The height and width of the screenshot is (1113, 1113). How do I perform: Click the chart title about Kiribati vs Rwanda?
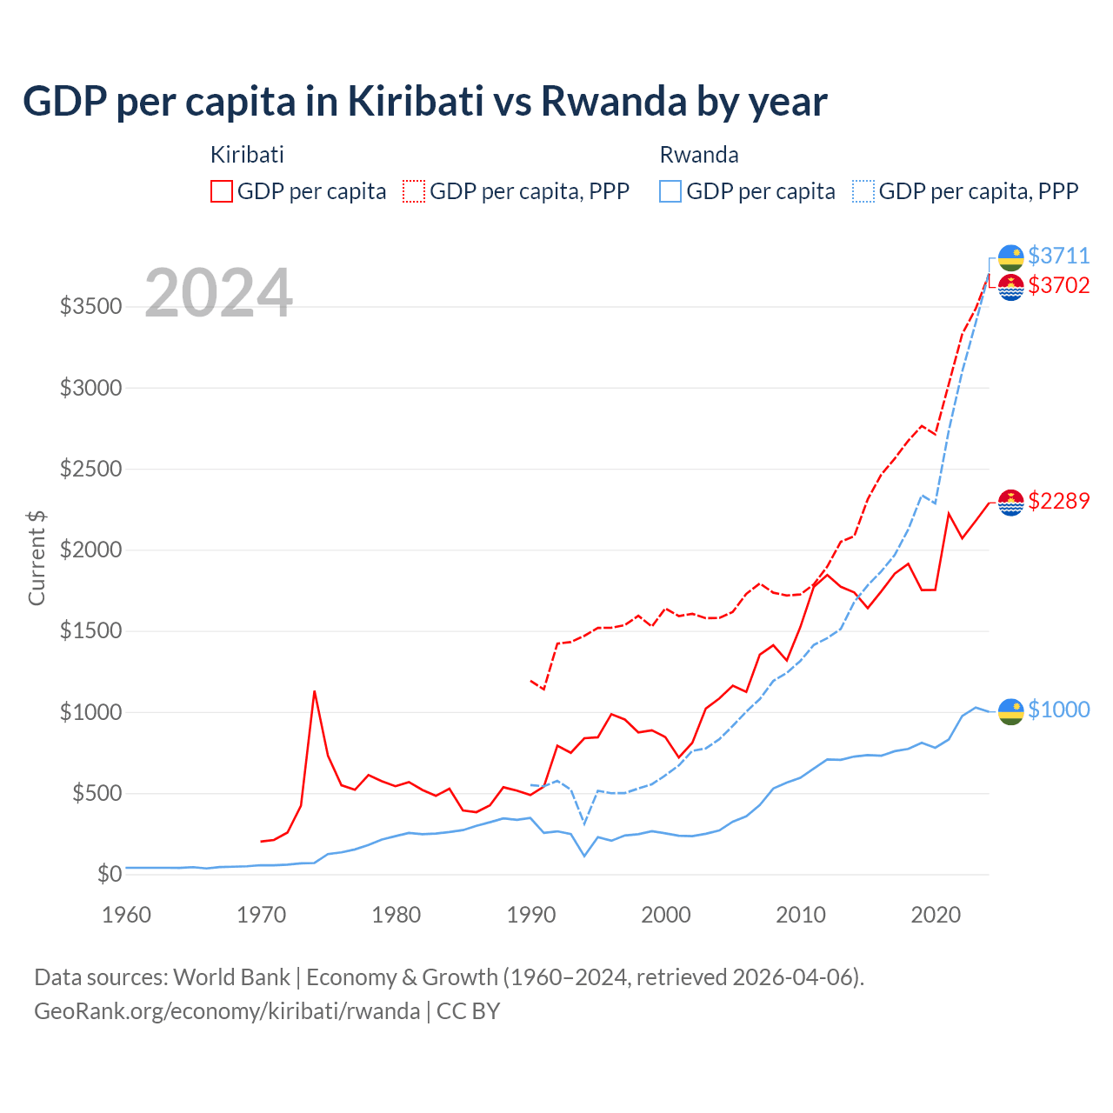coord(424,102)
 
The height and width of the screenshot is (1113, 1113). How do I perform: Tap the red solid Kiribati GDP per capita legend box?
coord(222,191)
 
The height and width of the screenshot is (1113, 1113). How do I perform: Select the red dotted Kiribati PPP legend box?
coord(414,191)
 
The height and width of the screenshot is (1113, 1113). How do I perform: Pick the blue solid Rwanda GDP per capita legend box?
coord(670,191)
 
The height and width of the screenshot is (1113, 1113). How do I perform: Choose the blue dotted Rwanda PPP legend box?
coord(863,191)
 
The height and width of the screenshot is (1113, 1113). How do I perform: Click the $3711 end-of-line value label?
coord(1058,256)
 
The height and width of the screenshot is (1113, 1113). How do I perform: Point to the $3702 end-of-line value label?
coord(1058,285)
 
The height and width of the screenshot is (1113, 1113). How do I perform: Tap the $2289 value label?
coord(1058,501)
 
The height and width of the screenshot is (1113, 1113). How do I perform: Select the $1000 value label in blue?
coord(1058,710)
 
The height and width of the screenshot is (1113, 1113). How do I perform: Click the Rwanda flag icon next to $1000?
coord(1010,710)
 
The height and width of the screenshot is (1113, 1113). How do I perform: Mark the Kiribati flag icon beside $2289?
coord(1010,502)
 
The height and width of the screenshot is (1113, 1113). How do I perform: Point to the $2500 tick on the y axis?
coord(90,470)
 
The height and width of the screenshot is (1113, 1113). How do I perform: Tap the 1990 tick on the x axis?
coord(531,915)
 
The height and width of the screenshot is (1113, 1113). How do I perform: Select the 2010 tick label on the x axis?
coord(801,915)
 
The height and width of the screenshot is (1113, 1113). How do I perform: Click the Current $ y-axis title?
coord(37,557)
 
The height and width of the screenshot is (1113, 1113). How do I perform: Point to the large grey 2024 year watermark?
coord(218,294)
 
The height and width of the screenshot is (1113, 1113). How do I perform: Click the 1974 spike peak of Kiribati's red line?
coord(314,691)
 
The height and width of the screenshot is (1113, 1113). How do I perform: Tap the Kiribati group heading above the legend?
coord(247,155)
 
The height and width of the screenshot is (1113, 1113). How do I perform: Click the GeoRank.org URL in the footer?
coord(227,1011)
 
